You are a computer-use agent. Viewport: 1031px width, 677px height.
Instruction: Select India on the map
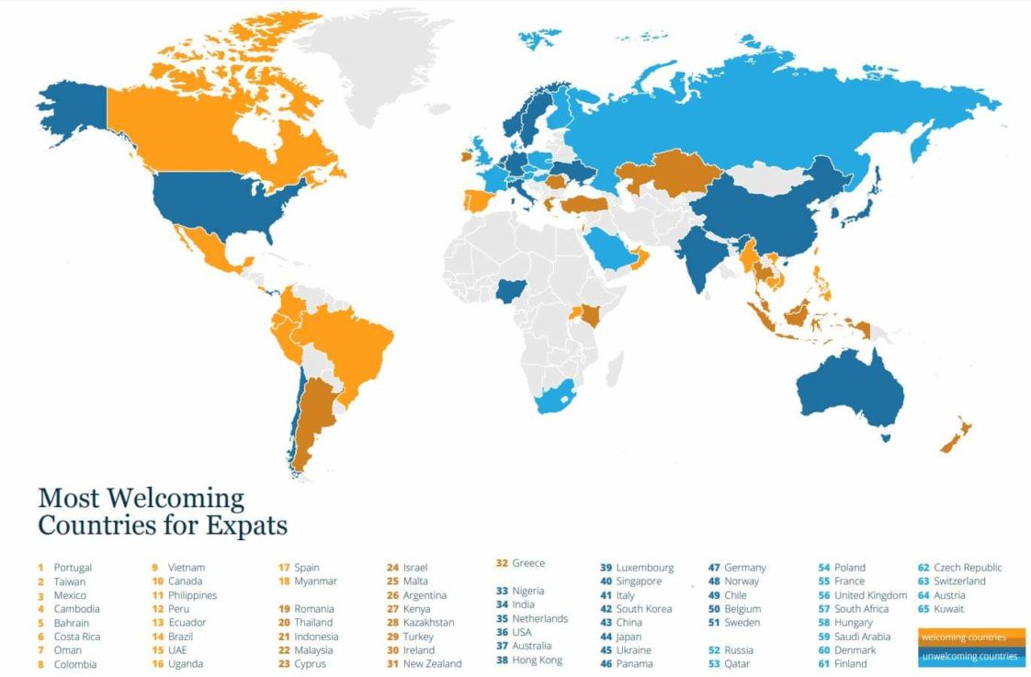pyautogui.click(x=700, y=253)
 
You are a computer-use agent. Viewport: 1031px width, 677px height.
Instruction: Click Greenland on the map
pyautogui.click(x=368, y=64)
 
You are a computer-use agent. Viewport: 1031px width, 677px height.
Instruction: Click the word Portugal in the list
pyautogui.click(x=73, y=568)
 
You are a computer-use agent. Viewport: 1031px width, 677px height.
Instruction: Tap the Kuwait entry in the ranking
pyautogui.click(x=948, y=608)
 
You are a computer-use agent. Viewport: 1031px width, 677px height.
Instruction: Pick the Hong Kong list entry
pyautogui.click(x=538, y=660)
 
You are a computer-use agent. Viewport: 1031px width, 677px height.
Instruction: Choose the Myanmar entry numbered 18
pyautogui.click(x=315, y=581)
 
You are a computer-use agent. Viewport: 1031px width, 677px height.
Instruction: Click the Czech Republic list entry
pyautogui.click(x=967, y=568)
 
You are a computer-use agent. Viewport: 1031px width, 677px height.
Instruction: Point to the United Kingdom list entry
pyautogui.click(x=869, y=595)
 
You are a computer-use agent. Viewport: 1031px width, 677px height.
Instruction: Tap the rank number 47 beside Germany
pyautogui.click(x=714, y=568)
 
